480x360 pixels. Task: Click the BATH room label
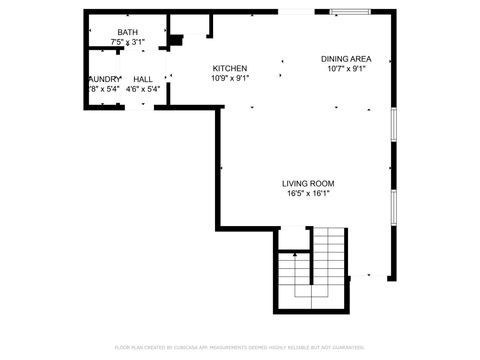pyautogui.click(x=128, y=32)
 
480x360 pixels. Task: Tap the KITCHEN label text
pyautogui.click(x=230, y=67)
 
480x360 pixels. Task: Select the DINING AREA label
pyautogui.click(x=346, y=58)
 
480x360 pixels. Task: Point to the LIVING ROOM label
pyautogui.click(x=307, y=183)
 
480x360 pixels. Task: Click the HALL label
pyautogui.click(x=143, y=78)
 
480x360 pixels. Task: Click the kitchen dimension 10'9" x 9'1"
pyautogui.click(x=230, y=78)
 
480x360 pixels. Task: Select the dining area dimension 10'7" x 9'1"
pyautogui.click(x=346, y=69)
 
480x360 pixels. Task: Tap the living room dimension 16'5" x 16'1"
pyautogui.click(x=307, y=194)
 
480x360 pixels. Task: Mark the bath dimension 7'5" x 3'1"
pyautogui.click(x=128, y=42)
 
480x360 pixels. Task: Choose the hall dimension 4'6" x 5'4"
pyautogui.click(x=143, y=89)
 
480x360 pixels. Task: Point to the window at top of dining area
pyautogui.click(x=349, y=12)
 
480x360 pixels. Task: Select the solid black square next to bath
pyautogui.click(x=175, y=41)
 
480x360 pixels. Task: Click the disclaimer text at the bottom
pyautogui.click(x=240, y=347)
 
